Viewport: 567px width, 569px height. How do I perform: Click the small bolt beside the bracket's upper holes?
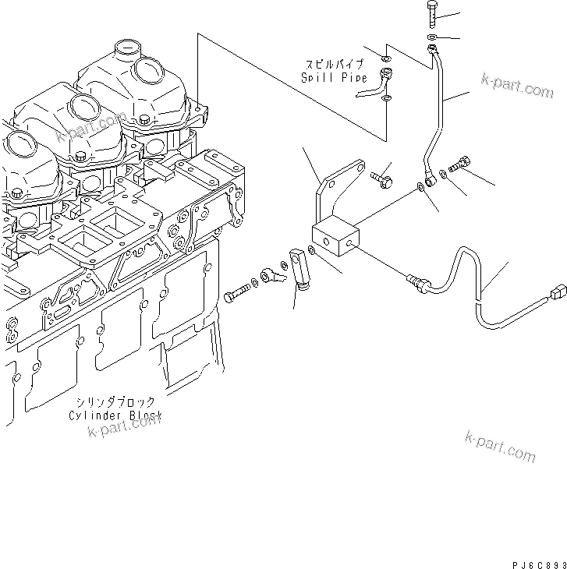tap(383, 178)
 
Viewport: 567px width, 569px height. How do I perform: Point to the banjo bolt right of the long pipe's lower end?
tap(459, 164)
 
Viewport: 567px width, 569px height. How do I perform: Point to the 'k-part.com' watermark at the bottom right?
tap(500, 445)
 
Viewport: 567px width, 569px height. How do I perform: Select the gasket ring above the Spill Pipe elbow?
tap(386, 57)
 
